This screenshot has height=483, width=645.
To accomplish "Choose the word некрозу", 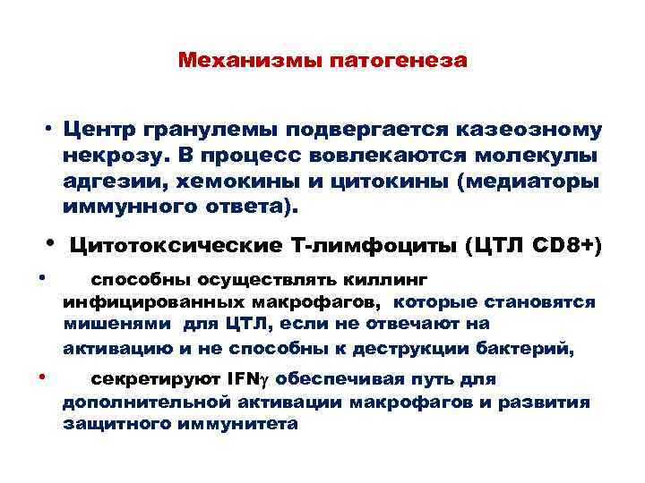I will [103, 157].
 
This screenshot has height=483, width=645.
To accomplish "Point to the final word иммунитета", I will [238, 423].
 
